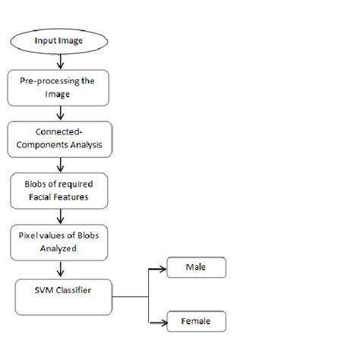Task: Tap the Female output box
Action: pyautogui.click(x=197, y=321)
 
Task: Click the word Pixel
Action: pyautogui.click(x=31, y=235)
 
